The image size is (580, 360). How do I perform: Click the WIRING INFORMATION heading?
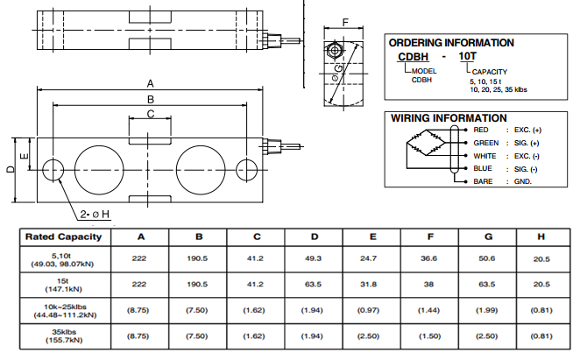pos(449,117)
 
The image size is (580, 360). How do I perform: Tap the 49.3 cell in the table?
pos(314,258)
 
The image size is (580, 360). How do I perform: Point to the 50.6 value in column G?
pos(486,258)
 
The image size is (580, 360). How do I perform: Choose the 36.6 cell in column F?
pos(428,258)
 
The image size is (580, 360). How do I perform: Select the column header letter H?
pos(541,236)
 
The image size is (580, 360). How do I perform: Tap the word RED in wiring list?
pos(481,131)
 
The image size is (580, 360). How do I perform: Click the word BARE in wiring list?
pos(483,181)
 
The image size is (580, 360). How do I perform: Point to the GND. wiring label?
pos(522,181)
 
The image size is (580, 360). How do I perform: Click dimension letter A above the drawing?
pos(151,83)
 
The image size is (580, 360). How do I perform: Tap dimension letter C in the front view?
pos(151,114)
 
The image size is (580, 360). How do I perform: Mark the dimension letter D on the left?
pos(10,169)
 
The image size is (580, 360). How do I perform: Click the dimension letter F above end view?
pos(345,23)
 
